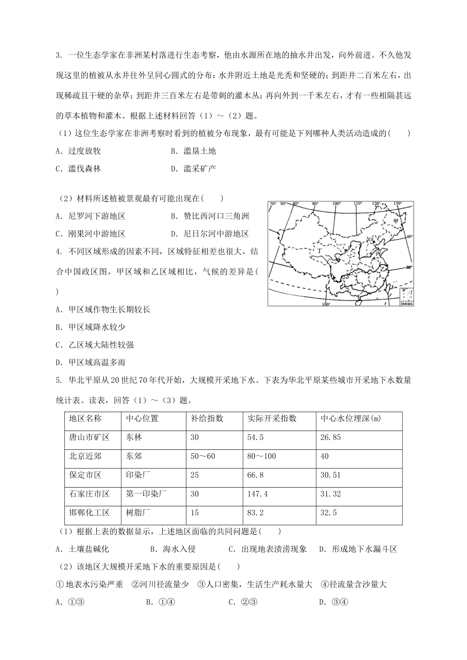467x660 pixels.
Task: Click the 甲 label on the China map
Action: [x=396, y=221]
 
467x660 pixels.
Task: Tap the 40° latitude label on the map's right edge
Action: [x=409, y=236]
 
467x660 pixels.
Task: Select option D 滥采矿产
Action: [x=194, y=168]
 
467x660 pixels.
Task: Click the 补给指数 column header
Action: [x=207, y=418]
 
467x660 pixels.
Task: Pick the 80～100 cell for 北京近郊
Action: [x=262, y=456]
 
